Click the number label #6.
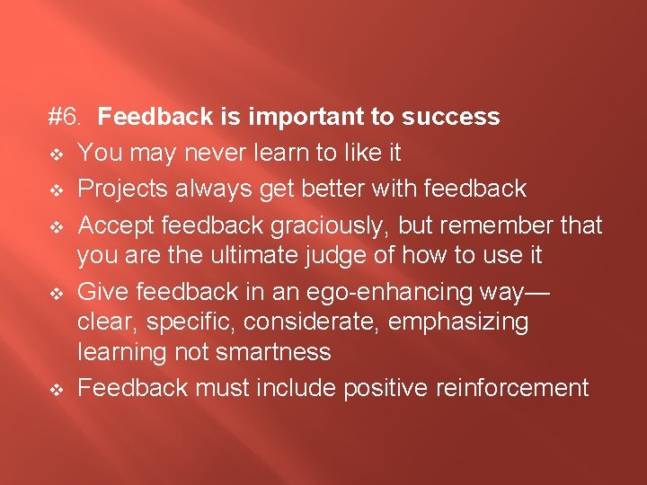[x=66, y=117]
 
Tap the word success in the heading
[x=451, y=117]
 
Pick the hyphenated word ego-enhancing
[x=404, y=291]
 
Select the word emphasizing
[x=469, y=322]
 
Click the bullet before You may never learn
[x=55, y=154]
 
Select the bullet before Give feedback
[x=55, y=292]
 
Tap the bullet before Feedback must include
[x=55, y=389]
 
